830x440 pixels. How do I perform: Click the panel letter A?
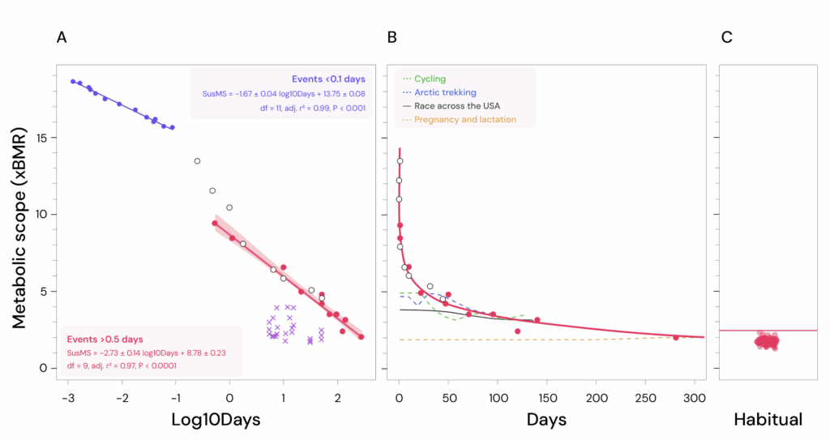click(x=61, y=37)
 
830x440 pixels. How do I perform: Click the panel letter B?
click(x=391, y=37)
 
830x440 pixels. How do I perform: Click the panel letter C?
click(x=726, y=37)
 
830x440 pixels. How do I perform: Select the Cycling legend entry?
click(x=429, y=79)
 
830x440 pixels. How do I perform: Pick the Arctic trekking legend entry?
click(x=445, y=92)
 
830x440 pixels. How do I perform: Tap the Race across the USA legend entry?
click(x=456, y=106)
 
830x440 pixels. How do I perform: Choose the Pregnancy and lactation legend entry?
click(x=464, y=120)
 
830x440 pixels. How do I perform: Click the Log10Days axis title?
click(x=216, y=420)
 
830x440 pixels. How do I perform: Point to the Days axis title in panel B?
click(x=546, y=420)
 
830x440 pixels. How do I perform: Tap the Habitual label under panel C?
click(x=768, y=420)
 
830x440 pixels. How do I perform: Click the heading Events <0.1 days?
click(x=328, y=79)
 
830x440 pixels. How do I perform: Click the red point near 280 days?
click(x=675, y=337)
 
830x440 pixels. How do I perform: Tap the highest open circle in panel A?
click(x=197, y=161)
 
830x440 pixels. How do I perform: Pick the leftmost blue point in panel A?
click(x=73, y=82)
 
